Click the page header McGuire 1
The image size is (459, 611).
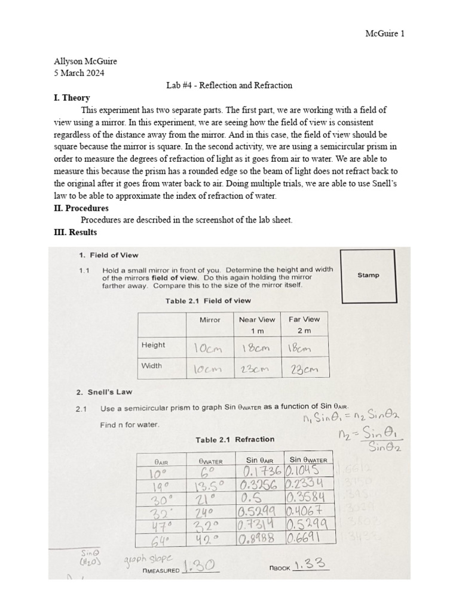[384, 33]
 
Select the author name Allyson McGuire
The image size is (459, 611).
[85, 61]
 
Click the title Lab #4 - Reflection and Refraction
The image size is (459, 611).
[229, 85]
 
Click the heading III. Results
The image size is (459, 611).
[75, 232]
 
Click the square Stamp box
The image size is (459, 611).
[368, 275]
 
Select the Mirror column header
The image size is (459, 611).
[210, 320]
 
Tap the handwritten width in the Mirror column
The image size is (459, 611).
[206, 369]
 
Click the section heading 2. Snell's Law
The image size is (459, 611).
[104, 392]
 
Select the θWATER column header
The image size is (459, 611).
[210, 460]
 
